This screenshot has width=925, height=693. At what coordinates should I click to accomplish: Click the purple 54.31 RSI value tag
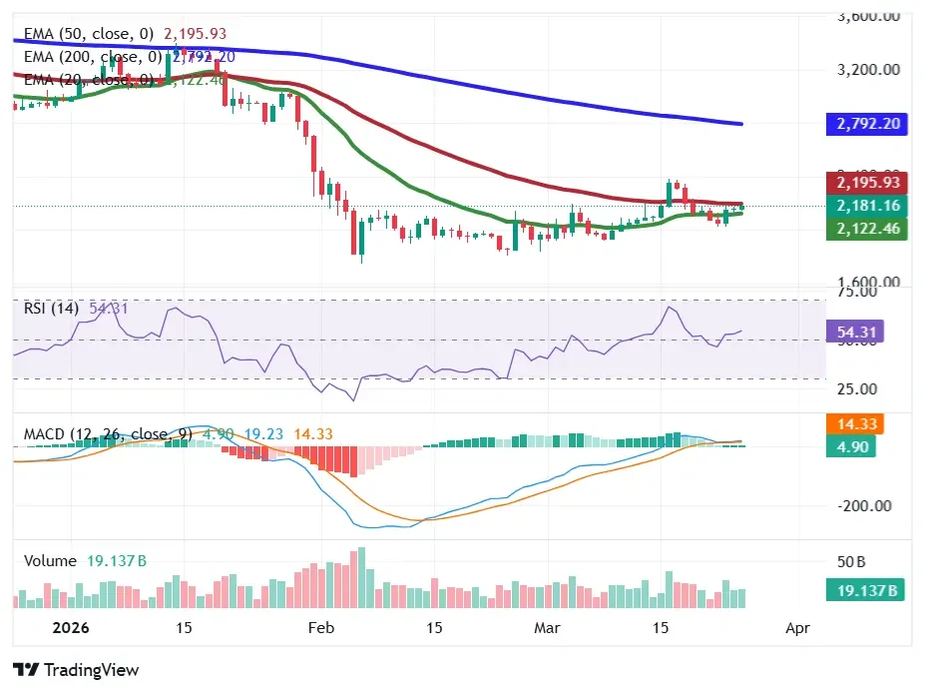854,332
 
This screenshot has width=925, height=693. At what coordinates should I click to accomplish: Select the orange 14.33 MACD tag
854,423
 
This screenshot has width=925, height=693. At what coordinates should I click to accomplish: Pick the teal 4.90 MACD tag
854,446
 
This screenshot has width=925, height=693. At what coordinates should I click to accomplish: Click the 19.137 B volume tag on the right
865,590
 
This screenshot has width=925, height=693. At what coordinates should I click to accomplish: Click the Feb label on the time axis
320,628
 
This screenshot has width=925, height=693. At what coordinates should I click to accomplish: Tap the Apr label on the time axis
796,628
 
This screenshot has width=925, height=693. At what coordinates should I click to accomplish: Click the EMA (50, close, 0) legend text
89,34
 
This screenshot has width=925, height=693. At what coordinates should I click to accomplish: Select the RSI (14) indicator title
51,309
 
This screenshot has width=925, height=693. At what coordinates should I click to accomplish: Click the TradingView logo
76,670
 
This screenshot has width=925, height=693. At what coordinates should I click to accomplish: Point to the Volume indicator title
50,561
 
